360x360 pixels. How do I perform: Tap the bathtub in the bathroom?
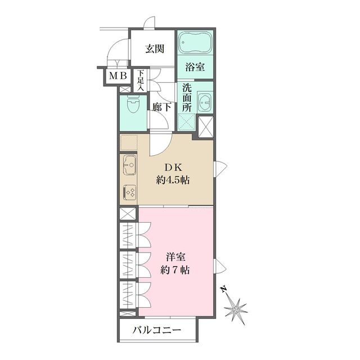click(196, 42)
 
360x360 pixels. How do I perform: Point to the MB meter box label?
click(117, 76)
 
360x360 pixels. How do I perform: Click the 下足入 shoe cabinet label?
click(141, 80)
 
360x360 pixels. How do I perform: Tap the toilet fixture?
click(133, 105)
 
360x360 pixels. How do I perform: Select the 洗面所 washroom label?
click(186, 98)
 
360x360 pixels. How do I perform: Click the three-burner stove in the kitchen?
click(129, 192)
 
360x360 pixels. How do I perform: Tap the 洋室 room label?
click(174, 255)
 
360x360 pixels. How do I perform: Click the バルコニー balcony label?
click(157, 330)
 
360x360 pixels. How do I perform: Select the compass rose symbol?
click(235, 308)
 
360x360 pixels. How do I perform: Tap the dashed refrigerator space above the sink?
click(129, 143)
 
